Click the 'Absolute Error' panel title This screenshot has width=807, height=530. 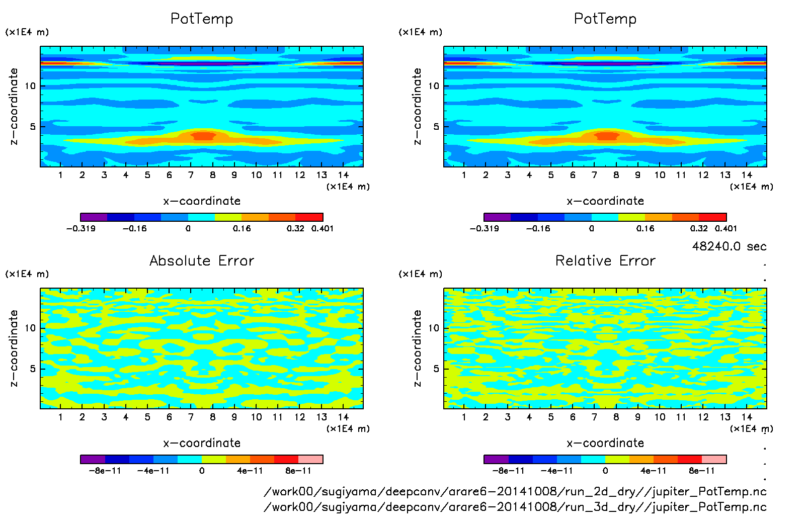[202, 260]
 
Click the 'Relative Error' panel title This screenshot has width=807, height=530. [605, 260]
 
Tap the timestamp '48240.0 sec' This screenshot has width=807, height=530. [729, 246]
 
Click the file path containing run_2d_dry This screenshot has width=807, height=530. [515, 491]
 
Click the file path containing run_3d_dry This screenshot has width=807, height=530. [515, 507]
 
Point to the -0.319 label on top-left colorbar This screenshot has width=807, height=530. [80, 228]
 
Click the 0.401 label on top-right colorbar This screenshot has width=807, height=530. [725, 228]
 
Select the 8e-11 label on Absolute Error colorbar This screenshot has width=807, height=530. [298, 471]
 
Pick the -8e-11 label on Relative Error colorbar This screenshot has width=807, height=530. [508, 471]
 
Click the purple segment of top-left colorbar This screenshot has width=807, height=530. [94, 217]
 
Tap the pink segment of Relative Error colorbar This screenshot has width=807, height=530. [714, 459]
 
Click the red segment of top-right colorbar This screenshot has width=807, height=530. [712, 217]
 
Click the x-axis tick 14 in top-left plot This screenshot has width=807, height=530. [343, 175]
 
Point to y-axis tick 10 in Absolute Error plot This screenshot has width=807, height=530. [30, 328]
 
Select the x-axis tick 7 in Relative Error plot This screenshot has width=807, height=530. [594, 417]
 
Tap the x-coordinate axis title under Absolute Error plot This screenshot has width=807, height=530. [202, 443]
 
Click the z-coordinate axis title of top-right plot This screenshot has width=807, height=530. [417, 107]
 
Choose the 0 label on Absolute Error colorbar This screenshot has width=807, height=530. [202, 471]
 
